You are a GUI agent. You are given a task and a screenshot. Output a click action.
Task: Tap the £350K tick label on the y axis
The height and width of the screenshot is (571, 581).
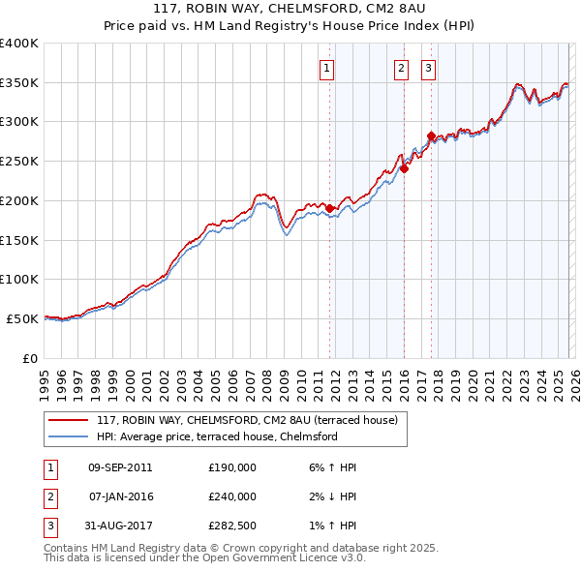[x=19, y=83]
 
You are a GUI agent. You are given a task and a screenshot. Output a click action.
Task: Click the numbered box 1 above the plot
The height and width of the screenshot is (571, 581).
[x=327, y=68]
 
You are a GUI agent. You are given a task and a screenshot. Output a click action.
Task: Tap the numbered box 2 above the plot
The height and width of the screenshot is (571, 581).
[x=401, y=68]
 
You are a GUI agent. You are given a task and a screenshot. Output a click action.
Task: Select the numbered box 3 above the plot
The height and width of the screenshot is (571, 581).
[x=428, y=68]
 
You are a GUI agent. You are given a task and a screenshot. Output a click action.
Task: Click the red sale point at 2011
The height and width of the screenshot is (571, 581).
[x=329, y=208]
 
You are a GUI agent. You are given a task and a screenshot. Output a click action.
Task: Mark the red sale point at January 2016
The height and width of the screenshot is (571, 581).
[x=404, y=168]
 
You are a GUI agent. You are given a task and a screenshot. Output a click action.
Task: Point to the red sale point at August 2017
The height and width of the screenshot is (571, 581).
[x=431, y=135]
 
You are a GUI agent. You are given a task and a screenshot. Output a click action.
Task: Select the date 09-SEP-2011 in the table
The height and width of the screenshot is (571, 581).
[x=120, y=467]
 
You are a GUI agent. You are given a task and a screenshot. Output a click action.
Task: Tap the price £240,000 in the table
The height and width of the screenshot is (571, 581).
[x=232, y=496]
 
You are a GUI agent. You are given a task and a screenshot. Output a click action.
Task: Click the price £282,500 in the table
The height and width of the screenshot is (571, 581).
[x=232, y=526]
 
